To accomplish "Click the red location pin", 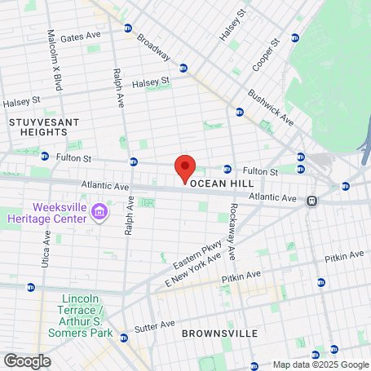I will point(185,168).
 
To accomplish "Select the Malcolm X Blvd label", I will point(51,54).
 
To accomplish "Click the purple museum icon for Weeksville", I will point(100,213).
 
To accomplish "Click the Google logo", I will point(28,360).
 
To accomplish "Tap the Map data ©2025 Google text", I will point(320,364).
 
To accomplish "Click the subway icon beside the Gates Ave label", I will point(128,29).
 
